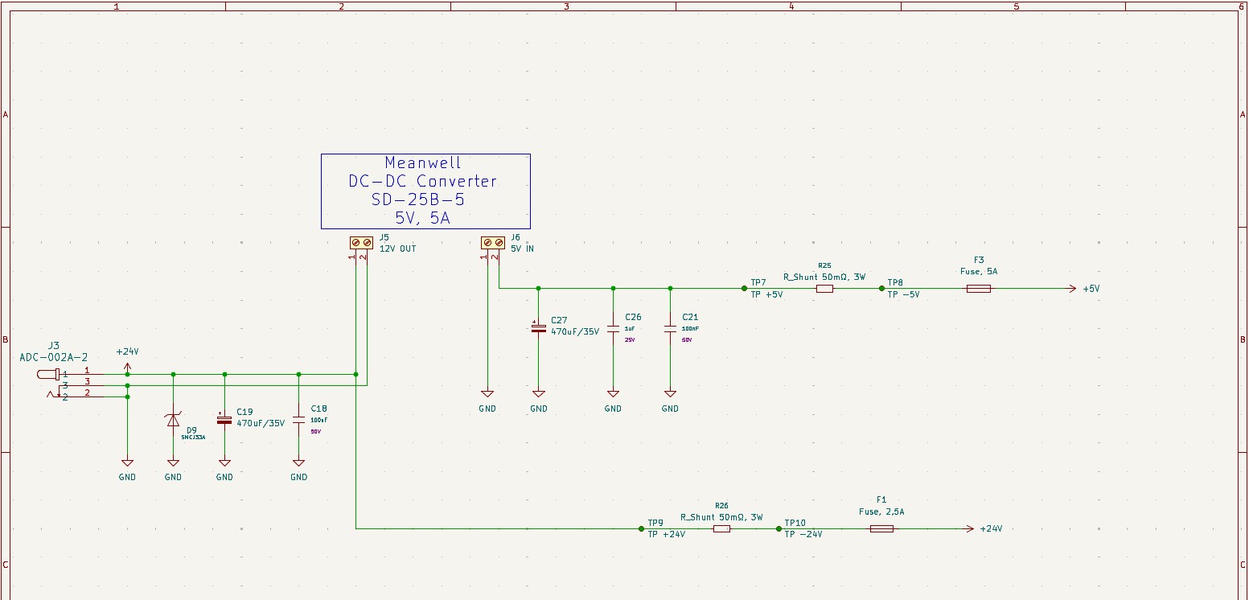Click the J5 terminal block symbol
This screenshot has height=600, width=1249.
pos(360,242)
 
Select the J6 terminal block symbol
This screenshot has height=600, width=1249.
pos(492,242)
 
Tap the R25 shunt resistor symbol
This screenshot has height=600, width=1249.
pos(824,289)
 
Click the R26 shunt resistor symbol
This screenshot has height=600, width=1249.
pos(721,528)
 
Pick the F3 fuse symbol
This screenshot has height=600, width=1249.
pos(978,289)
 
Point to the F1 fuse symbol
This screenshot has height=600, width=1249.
pos(881,528)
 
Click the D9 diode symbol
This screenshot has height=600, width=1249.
pos(173,420)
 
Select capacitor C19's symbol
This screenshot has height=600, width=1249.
pos(224,419)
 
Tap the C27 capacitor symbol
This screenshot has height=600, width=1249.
pos(539,328)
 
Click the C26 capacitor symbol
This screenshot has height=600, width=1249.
pos(613,328)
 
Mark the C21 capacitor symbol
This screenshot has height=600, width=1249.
pos(670,328)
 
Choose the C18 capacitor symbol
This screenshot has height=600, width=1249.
pos(298,419)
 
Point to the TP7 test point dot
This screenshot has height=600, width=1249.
pos(745,289)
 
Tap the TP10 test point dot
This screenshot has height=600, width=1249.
pos(779,528)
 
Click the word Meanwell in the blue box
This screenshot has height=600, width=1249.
pos(423,163)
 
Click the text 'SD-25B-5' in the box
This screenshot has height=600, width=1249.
pos(418,199)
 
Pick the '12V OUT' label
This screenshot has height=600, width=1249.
pos(397,249)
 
